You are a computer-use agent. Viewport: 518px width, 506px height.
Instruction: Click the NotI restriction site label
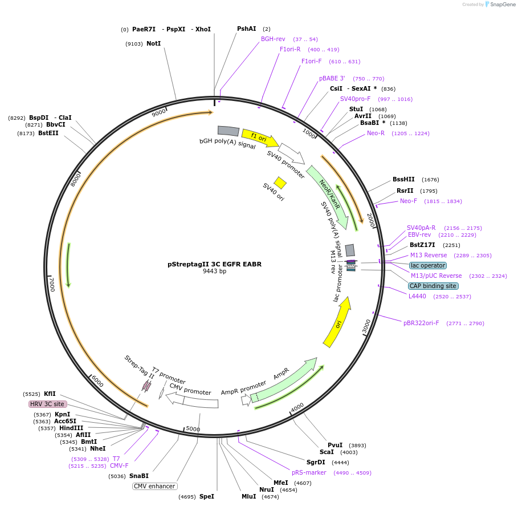(x=153, y=43)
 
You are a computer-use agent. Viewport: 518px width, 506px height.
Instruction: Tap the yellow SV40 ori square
(x=280, y=183)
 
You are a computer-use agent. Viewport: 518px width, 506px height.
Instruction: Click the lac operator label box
(x=427, y=265)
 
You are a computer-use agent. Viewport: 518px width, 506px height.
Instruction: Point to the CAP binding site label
(x=433, y=286)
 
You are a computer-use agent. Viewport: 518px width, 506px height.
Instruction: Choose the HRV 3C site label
(x=47, y=404)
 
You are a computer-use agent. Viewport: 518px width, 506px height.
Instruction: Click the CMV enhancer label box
(x=154, y=486)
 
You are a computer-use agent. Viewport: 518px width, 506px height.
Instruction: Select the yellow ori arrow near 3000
(x=337, y=323)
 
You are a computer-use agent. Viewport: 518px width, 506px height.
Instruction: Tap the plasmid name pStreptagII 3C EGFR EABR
(x=214, y=264)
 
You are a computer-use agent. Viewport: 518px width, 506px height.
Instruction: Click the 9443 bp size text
(x=214, y=272)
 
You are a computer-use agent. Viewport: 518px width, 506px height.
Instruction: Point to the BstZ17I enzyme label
(x=422, y=245)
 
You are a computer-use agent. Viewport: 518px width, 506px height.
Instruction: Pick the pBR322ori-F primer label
(x=421, y=323)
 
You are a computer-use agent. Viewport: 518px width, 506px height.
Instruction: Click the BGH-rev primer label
(x=273, y=39)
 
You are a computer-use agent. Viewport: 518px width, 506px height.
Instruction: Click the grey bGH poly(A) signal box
(x=228, y=131)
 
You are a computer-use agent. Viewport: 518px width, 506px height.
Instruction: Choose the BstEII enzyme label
(x=48, y=133)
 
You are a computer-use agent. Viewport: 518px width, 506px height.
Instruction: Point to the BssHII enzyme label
(x=403, y=179)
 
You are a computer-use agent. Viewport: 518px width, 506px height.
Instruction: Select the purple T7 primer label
(x=116, y=459)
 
